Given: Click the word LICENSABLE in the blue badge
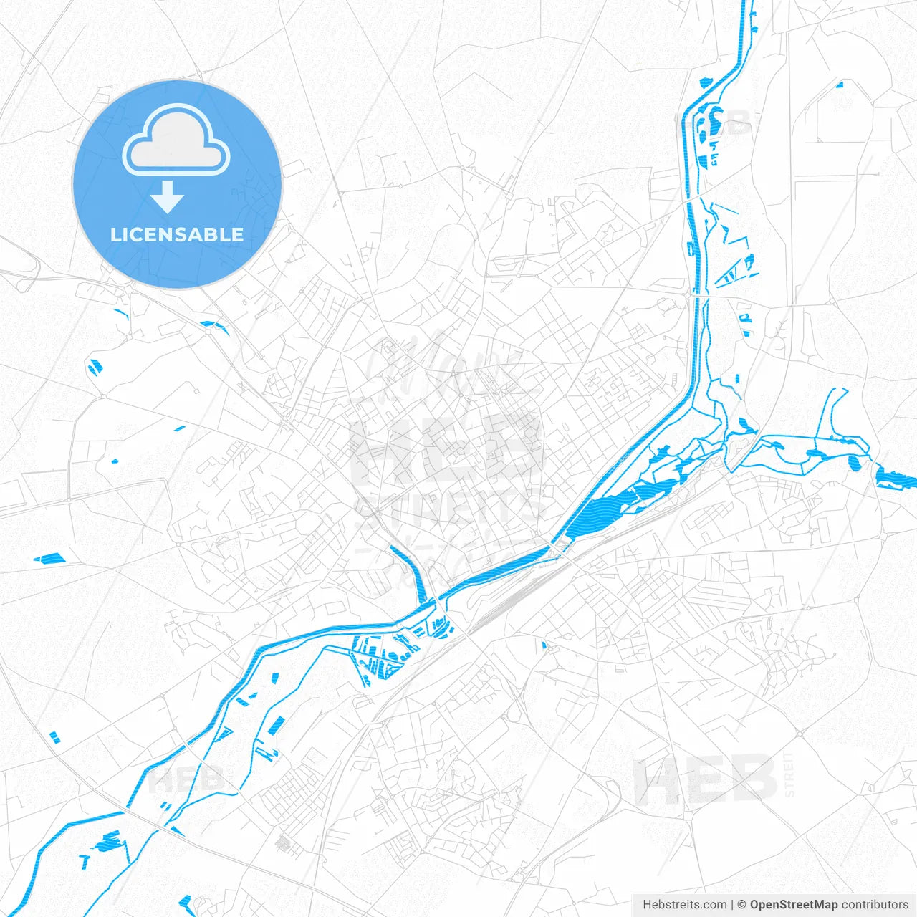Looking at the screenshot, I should coord(177,234).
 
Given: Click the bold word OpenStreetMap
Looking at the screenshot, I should coord(793,904).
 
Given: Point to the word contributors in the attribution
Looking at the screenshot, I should coord(875,904).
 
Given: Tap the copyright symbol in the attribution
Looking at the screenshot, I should coord(742,904).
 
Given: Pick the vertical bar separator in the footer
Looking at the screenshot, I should coord(732,904).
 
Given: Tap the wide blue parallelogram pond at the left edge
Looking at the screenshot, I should coord(49,557).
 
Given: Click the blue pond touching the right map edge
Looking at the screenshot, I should coord(896,477).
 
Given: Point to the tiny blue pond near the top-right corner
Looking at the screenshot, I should coord(840,85).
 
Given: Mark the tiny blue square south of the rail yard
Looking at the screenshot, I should coord(544,646).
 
